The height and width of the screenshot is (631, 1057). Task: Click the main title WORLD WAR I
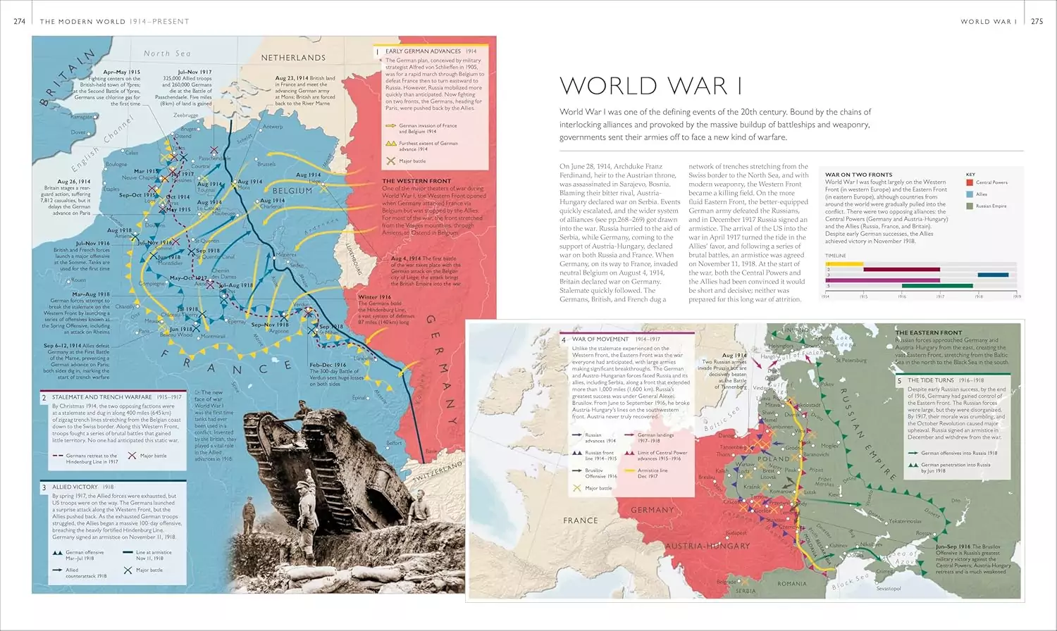650,86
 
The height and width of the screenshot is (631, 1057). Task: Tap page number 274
20,21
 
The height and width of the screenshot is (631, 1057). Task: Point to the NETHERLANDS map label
293,58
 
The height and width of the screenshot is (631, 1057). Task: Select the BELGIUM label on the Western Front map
292,191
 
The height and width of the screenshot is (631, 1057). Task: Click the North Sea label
167,54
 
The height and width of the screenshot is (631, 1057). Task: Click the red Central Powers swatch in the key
970,182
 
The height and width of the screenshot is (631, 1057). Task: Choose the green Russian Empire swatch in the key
970,206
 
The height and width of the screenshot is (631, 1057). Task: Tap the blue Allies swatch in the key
970,194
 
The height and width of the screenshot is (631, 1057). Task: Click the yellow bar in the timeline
844,263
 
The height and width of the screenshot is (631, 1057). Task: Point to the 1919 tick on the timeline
1016,296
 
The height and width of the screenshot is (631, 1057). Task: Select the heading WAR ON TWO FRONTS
858,175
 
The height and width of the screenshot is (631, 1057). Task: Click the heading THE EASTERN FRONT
928,332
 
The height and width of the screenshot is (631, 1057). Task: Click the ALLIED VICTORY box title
75,487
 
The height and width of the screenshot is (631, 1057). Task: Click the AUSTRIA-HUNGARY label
707,546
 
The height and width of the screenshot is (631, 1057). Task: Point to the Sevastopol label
888,589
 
